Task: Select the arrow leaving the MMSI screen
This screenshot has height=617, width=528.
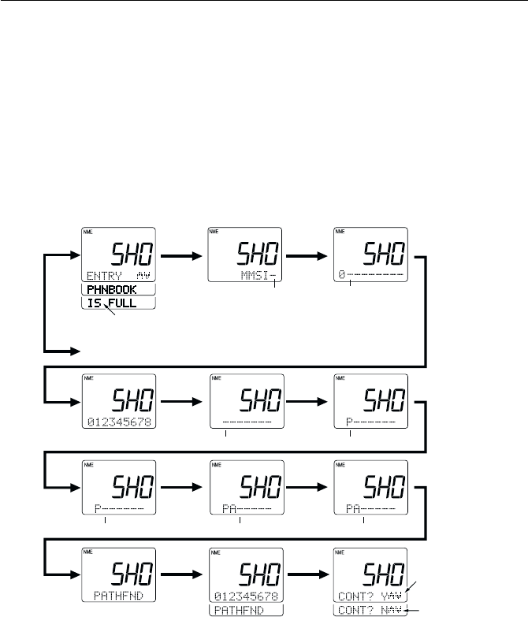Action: pyautogui.click(x=310, y=255)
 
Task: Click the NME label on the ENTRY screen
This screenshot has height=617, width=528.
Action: pyautogui.click(x=89, y=232)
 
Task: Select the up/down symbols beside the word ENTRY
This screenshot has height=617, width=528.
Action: pyautogui.click(x=143, y=276)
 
